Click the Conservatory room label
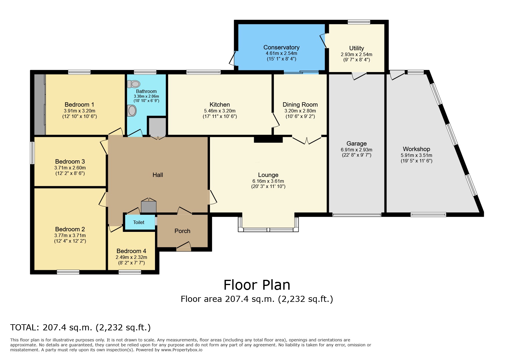[281, 47]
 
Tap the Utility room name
[356, 48]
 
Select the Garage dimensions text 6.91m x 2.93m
[356, 150]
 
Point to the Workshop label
[416, 149]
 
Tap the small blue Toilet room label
[139, 222]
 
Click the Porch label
[182, 231]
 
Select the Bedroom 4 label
[131, 251]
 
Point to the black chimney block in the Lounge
[268, 139]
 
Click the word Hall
[158, 175]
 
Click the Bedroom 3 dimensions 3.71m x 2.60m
[70, 168]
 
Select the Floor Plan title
[257, 285]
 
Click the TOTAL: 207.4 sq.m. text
[81, 327]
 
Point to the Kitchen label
[220, 105]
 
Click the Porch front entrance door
[183, 247]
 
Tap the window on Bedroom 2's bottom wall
[68, 272]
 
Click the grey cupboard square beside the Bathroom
[157, 127]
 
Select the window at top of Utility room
[359, 22]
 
